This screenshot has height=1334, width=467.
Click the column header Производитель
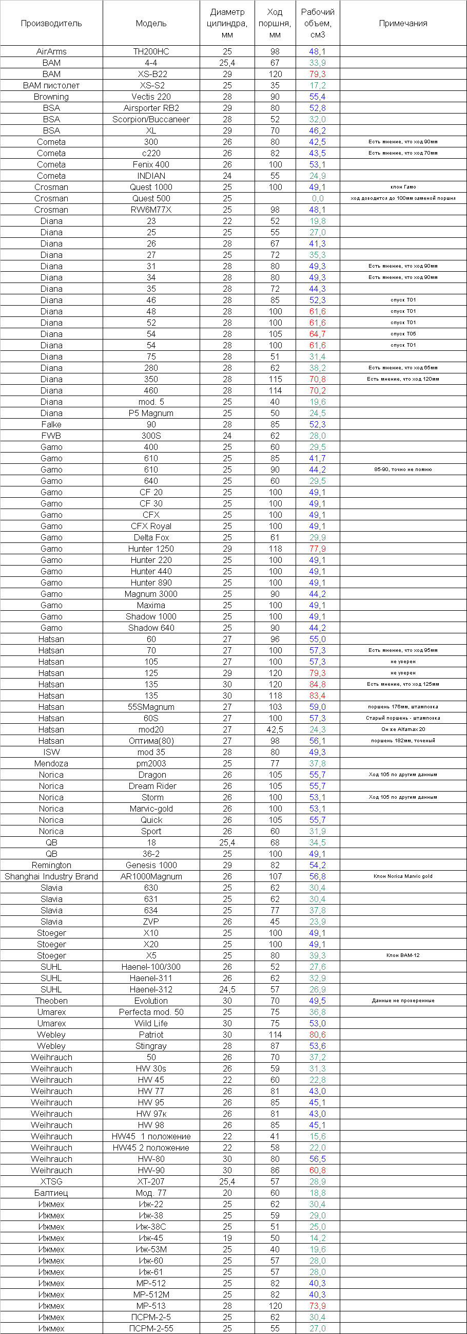[51, 23]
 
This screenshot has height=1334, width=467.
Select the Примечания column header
[403, 23]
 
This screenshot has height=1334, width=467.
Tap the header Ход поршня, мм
[275, 23]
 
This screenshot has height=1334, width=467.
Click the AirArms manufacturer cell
[51, 51]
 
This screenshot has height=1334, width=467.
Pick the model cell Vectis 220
[151, 97]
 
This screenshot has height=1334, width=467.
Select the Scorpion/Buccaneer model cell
[151, 119]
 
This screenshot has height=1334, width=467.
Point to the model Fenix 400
[151, 165]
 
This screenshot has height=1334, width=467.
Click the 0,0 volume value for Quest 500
[318, 198]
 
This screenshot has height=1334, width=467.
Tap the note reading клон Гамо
[403, 187]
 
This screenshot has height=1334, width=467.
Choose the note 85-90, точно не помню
[403, 469]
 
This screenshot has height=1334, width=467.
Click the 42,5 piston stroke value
[275, 729]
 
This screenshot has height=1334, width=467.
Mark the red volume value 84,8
[318, 684]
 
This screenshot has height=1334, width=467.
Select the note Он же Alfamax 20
[403, 729]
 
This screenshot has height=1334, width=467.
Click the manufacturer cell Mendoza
[51, 763]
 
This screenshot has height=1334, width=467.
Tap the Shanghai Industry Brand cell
[51, 876]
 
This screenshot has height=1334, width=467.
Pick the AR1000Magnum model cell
[151, 876]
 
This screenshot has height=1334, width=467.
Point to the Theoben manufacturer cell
[51, 1001]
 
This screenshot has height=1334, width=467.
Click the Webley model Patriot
[151, 1035]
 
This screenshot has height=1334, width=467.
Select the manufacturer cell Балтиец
[51, 1193]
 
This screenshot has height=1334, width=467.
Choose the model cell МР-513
[151, 1306]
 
